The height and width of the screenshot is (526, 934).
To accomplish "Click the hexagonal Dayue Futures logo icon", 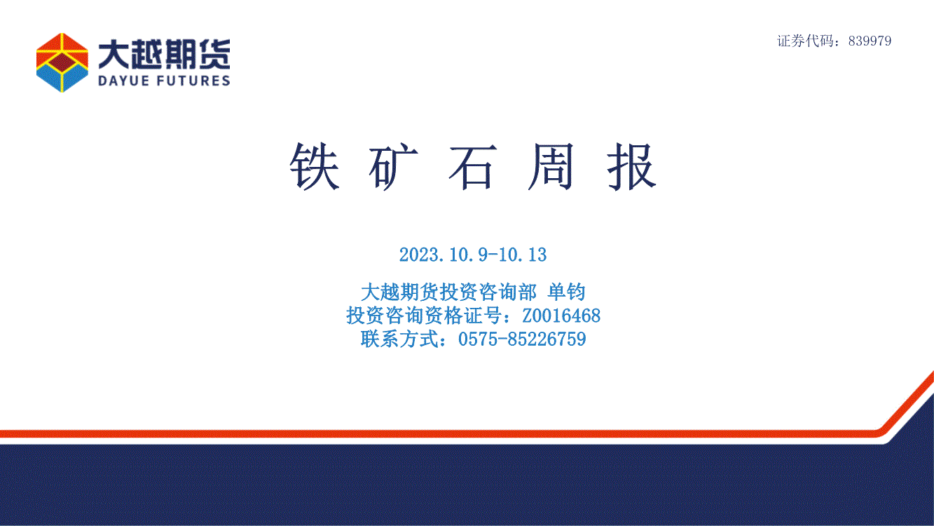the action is (x=62, y=62).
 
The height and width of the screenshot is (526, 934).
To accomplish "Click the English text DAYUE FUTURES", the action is (x=164, y=81).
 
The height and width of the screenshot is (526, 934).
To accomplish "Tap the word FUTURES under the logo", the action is (x=194, y=81).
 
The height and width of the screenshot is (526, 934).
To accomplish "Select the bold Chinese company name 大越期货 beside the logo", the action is (x=164, y=54).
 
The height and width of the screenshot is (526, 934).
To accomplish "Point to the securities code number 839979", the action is (x=870, y=41).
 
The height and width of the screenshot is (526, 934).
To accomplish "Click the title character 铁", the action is (x=315, y=166).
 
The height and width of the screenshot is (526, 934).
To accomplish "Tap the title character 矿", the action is (x=394, y=166).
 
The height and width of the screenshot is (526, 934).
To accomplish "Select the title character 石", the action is (x=473, y=167).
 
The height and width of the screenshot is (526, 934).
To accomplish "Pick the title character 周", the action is (x=552, y=166).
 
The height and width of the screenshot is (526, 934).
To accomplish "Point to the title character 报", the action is (x=632, y=166).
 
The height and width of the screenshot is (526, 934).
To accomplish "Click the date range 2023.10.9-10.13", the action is (x=473, y=255).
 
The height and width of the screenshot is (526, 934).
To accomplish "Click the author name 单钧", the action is (x=567, y=291).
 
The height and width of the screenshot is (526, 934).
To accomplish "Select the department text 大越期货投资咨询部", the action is (x=448, y=291).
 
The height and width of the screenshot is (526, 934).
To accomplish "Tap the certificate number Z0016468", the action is (x=561, y=316).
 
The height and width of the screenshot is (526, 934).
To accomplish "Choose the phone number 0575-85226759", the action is (x=522, y=339).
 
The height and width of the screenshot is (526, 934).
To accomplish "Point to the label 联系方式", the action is (x=399, y=339).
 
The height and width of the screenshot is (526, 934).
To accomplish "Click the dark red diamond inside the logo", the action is (x=62, y=62).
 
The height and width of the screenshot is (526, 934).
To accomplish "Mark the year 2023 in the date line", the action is (x=418, y=255).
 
